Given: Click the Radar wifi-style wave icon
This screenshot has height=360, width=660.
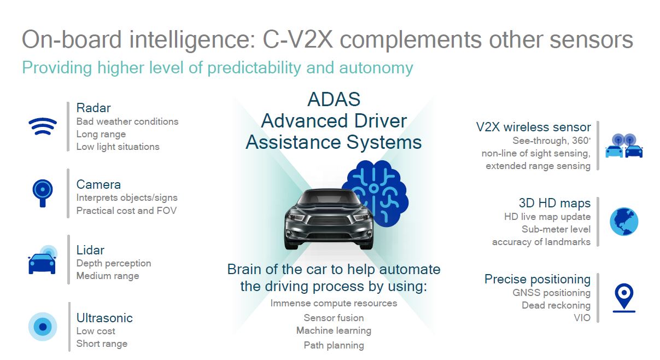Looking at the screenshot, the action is click(43, 126).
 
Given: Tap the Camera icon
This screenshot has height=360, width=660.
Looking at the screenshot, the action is click(43, 193).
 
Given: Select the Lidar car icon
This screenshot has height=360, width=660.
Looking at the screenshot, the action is click(42, 260).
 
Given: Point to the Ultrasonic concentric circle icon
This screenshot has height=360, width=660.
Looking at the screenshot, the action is click(43, 327).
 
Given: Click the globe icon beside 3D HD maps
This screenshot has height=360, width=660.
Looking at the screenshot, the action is click(624, 222).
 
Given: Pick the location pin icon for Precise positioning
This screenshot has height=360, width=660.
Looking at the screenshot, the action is click(624, 298).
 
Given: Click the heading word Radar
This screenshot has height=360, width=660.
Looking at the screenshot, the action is click(94, 108).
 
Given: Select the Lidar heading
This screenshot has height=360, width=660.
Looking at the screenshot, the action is click(90, 250).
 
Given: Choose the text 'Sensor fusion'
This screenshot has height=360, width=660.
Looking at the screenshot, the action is click(334, 318).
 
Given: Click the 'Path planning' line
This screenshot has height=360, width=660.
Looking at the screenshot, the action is click(334, 345).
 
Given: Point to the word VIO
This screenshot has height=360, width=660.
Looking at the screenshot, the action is click(582, 318).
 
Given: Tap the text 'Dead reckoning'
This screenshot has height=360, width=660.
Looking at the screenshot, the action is click(556, 305).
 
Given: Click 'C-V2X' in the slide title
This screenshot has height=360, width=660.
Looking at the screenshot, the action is click(297, 39).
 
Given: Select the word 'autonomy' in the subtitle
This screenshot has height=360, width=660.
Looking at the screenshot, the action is click(376, 68).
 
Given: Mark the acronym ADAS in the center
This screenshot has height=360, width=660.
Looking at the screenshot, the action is click(334, 99).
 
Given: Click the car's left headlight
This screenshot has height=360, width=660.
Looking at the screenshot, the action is click(295, 218).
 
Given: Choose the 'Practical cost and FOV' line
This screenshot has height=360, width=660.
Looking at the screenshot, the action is click(126, 211).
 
